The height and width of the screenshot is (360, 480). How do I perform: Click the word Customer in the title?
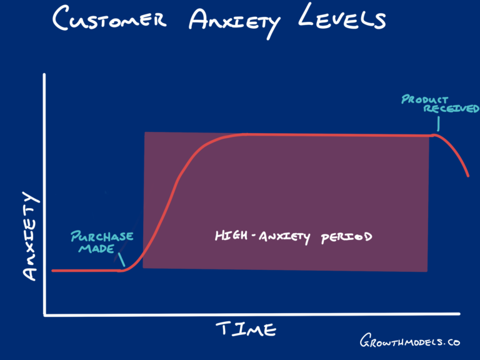(x=109, y=19)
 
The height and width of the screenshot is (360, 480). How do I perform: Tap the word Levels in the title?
(x=342, y=17)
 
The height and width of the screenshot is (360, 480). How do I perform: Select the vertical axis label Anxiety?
(x=31, y=236)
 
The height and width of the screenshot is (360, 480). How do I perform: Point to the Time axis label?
(x=246, y=329)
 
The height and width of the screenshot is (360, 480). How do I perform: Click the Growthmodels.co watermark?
(x=409, y=341)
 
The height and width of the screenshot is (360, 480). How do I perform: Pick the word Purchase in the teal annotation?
(x=102, y=236)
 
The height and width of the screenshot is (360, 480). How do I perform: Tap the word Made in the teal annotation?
(x=96, y=249)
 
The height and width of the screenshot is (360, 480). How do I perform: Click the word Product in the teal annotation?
(x=424, y=99)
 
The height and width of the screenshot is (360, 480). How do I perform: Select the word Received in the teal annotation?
(x=451, y=108)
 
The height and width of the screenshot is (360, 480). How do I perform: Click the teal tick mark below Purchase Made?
(x=121, y=259)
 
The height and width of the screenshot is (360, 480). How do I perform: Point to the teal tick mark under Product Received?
(x=438, y=123)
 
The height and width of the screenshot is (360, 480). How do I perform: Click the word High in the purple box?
(x=231, y=236)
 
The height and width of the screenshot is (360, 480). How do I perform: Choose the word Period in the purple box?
(x=346, y=237)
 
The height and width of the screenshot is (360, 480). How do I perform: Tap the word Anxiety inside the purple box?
(x=284, y=237)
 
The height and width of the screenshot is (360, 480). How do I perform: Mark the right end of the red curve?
(x=468, y=176)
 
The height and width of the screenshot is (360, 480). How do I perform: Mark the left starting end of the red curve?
(x=52, y=271)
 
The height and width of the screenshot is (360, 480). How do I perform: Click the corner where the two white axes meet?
(x=45, y=315)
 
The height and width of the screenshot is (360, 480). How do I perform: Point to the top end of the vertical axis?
(x=44, y=74)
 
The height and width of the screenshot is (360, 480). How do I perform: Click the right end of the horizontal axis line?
(x=459, y=314)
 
